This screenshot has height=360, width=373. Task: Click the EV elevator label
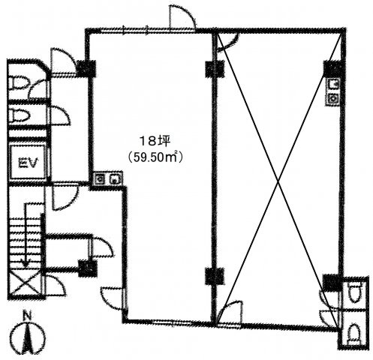tap(27, 163)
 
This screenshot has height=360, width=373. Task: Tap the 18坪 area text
tap(155, 142)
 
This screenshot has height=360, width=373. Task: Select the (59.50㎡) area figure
tap(155, 157)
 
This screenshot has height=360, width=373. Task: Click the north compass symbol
tap(28, 337)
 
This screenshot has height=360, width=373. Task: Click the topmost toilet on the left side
tap(19, 82)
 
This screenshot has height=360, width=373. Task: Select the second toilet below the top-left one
tap(20, 115)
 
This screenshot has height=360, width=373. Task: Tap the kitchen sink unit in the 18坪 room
tap(107, 178)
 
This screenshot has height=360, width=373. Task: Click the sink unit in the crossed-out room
tap(332, 91)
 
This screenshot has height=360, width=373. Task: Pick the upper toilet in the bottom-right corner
tap(354, 291)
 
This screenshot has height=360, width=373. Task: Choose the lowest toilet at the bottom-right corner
tap(356, 333)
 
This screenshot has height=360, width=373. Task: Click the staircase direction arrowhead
tap(25, 262)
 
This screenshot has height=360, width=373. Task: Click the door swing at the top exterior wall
tap(182, 16)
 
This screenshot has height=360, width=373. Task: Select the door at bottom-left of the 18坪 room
tap(113, 298)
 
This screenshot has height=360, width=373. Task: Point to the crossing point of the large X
tap(278, 181)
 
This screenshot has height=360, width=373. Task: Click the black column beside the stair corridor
tap(88, 268)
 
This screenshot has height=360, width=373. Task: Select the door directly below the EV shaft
tap(65, 197)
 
